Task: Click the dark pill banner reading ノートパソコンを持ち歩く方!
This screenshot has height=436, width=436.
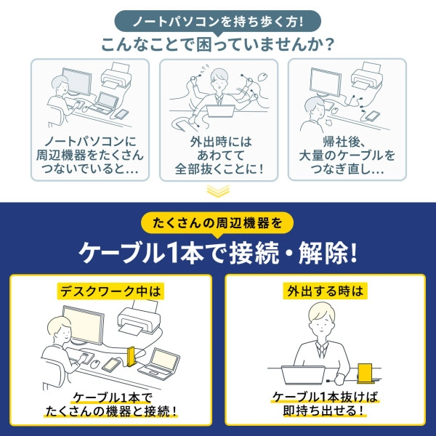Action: pyautogui.click(x=217, y=17)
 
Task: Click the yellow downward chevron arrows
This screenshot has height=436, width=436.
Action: pyautogui.click(x=217, y=192)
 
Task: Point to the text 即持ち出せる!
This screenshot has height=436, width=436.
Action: pyautogui.click(x=324, y=411)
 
